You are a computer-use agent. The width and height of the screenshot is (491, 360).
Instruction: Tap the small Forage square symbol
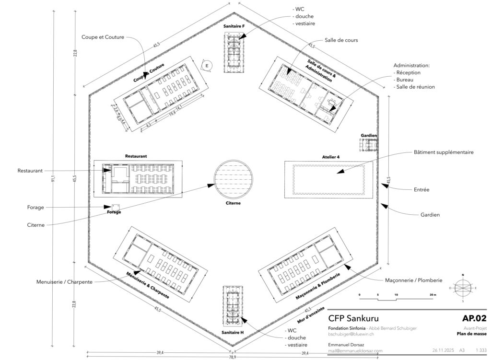click(115, 207)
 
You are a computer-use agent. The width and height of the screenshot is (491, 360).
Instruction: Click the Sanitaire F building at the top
click(234, 52)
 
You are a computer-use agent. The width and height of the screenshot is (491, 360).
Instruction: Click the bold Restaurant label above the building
click(136, 156)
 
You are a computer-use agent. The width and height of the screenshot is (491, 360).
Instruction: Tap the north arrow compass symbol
click(463, 288)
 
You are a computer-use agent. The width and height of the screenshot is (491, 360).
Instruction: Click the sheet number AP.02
click(474, 318)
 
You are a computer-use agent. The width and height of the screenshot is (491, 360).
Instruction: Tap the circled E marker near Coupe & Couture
click(207, 65)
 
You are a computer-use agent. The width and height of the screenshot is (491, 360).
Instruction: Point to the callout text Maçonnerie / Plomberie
click(413, 280)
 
